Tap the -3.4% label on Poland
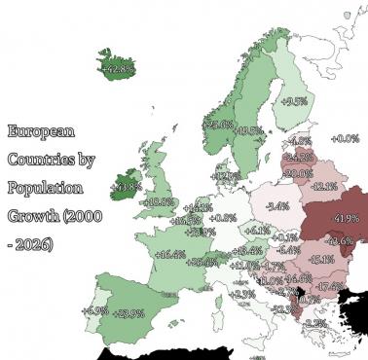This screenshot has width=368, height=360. click(277, 206)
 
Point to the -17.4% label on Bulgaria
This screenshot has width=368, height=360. click(330, 286)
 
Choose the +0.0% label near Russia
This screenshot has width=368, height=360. click(346, 139)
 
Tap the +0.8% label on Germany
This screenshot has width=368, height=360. click(223, 217)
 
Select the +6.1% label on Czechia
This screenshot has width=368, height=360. click(257, 231)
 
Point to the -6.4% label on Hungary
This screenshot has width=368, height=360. click(287, 250)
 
